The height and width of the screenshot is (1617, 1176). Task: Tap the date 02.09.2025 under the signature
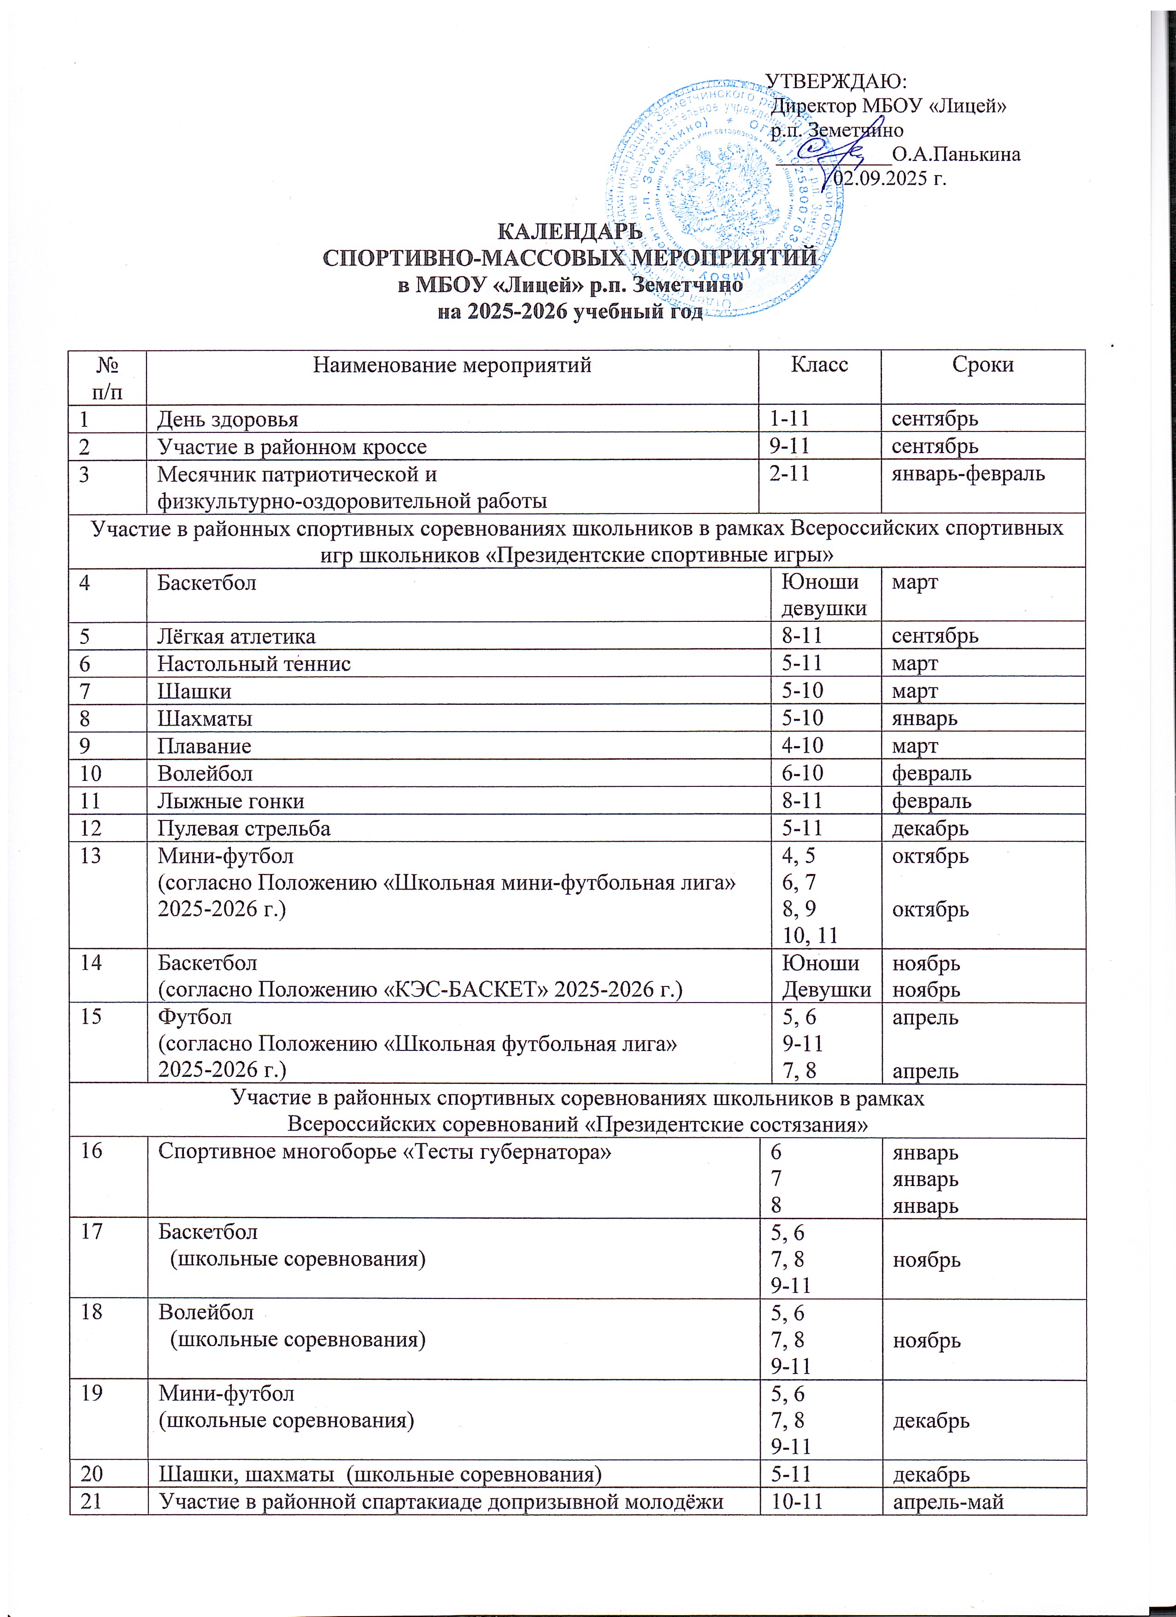coord(881,178)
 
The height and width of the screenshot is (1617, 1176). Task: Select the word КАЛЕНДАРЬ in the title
coord(569,232)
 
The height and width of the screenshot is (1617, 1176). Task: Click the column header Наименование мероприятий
coord(452,365)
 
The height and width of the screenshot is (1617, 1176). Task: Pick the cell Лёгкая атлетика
coord(236,636)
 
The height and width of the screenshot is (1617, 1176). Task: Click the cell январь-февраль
coord(968,473)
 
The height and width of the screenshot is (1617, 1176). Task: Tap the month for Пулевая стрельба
coord(930,828)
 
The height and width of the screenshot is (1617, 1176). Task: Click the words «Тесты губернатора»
coord(507,1152)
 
